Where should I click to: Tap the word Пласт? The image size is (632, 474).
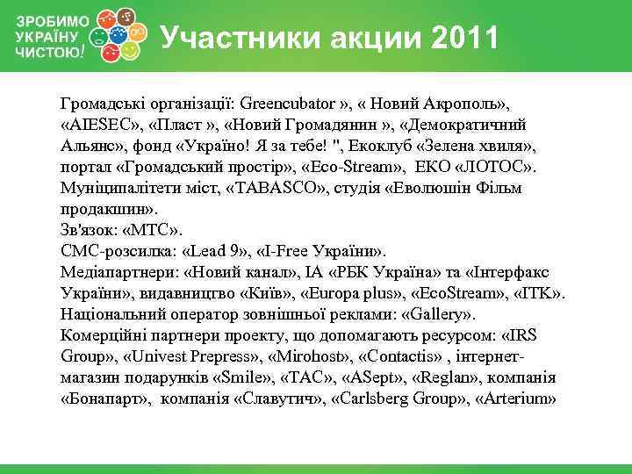180,124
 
